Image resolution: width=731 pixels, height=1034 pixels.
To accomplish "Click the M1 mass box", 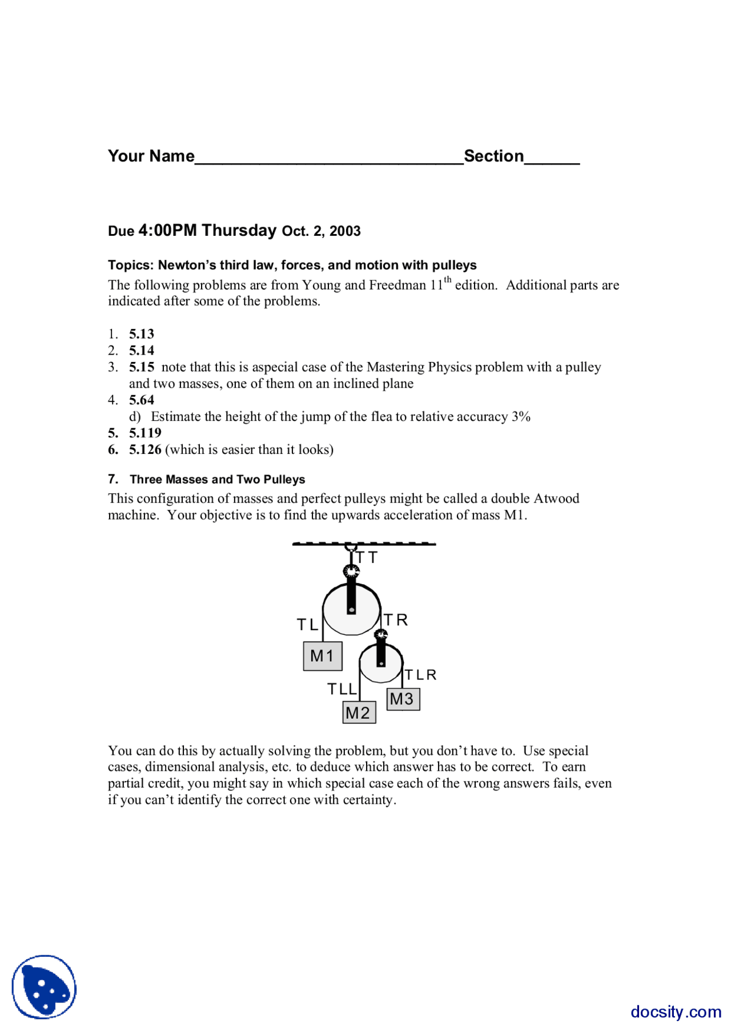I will tap(323, 656).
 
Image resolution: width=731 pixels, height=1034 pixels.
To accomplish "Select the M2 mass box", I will tap(359, 713).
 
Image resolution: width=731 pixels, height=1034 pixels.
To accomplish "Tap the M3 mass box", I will tap(403, 699).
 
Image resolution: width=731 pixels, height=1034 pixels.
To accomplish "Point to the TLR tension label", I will tap(420, 675).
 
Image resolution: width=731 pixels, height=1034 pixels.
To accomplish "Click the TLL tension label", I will tap(342, 689).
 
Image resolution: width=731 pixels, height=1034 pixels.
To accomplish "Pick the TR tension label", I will tap(396, 620).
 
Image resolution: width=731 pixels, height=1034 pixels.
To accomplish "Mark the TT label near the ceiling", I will tap(367, 557).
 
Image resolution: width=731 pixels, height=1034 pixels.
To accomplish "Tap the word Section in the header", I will tap(493, 156).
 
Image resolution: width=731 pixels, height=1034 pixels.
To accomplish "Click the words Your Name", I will tap(151, 156).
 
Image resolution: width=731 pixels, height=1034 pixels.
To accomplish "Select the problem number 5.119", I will tap(145, 433).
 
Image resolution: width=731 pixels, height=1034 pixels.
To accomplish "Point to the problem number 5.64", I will tap(142, 400).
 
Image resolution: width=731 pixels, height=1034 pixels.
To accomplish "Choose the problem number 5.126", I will tap(145, 449).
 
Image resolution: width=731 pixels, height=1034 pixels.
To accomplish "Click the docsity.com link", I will tap(676, 1011).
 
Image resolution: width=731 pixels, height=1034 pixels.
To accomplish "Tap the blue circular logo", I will tap(44, 987).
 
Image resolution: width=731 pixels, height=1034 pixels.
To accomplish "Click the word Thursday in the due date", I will tap(239, 230).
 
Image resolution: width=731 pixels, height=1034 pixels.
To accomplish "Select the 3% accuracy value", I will tap(521, 417).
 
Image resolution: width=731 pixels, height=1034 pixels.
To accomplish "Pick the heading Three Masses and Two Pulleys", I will tap(217, 480).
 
